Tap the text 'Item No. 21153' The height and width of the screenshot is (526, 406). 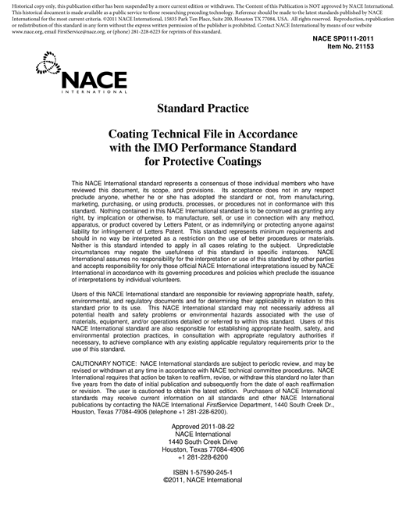(x=365, y=47)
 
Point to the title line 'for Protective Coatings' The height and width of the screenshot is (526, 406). (x=202, y=163)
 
